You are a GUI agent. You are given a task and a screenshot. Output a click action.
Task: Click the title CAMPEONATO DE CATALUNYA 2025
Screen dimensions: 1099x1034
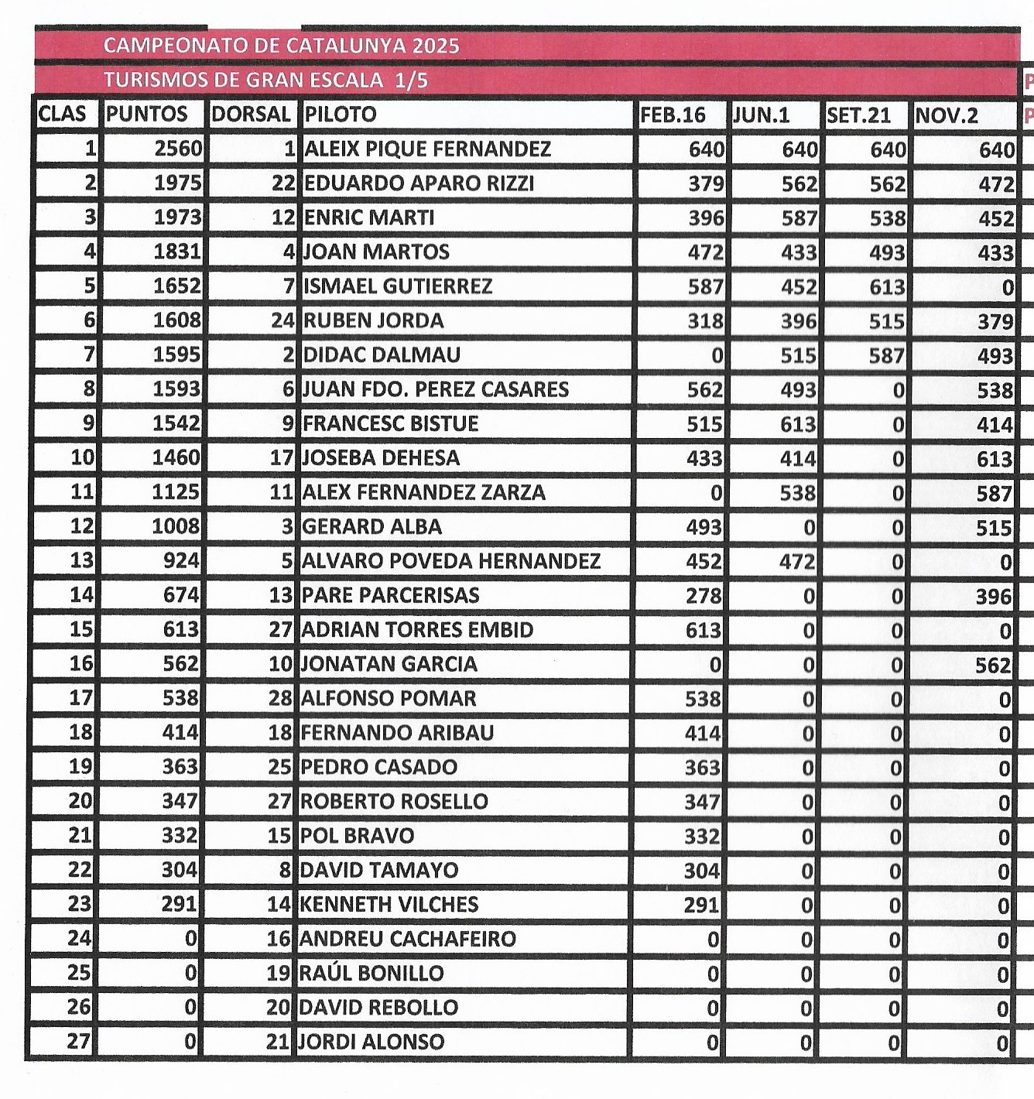pyautogui.click(x=281, y=45)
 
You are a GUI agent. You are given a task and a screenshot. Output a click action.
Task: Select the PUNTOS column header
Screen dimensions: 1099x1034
pyautogui.click(x=147, y=115)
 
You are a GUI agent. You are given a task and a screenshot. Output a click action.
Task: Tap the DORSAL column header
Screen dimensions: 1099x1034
pyautogui.click(x=251, y=115)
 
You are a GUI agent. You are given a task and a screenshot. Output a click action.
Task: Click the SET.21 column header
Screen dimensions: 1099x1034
pyautogui.click(x=859, y=116)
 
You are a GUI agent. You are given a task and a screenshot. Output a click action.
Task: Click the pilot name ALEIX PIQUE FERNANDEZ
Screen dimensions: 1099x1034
pyautogui.click(x=427, y=149)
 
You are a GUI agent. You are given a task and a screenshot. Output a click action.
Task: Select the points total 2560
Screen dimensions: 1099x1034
pyautogui.click(x=178, y=149)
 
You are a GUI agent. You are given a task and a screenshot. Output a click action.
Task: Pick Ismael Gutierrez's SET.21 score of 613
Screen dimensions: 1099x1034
pyautogui.click(x=887, y=287)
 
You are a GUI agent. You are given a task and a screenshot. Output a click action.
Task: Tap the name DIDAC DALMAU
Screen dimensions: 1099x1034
pyautogui.click(x=382, y=354)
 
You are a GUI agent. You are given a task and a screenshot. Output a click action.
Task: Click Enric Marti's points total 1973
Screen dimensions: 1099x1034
pyautogui.click(x=177, y=217)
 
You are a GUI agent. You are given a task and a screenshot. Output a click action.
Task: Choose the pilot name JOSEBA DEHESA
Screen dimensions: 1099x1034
pyautogui.click(x=381, y=457)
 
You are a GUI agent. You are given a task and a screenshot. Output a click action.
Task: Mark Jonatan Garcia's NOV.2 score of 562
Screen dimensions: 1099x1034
pyautogui.click(x=994, y=666)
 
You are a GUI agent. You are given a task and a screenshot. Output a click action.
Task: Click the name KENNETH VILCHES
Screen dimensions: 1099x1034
pyautogui.click(x=389, y=904)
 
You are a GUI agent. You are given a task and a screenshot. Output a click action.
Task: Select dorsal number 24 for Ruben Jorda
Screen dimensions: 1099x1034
pyautogui.click(x=282, y=320)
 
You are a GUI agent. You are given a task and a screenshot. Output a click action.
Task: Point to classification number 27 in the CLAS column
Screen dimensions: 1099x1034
pyautogui.click(x=78, y=1041)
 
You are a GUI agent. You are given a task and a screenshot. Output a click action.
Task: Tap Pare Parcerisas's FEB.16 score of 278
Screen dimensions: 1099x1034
pyautogui.click(x=704, y=596)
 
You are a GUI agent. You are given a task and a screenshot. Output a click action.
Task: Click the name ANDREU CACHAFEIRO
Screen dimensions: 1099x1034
pyautogui.click(x=407, y=939)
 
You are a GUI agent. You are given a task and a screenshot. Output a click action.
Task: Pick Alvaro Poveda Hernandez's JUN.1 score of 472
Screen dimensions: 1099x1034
pyautogui.click(x=797, y=561)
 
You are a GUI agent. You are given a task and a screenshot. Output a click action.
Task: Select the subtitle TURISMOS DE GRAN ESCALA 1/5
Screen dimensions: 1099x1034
pyautogui.click(x=265, y=80)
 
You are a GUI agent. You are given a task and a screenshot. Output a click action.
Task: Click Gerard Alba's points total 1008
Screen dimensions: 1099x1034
pyautogui.click(x=177, y=526)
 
